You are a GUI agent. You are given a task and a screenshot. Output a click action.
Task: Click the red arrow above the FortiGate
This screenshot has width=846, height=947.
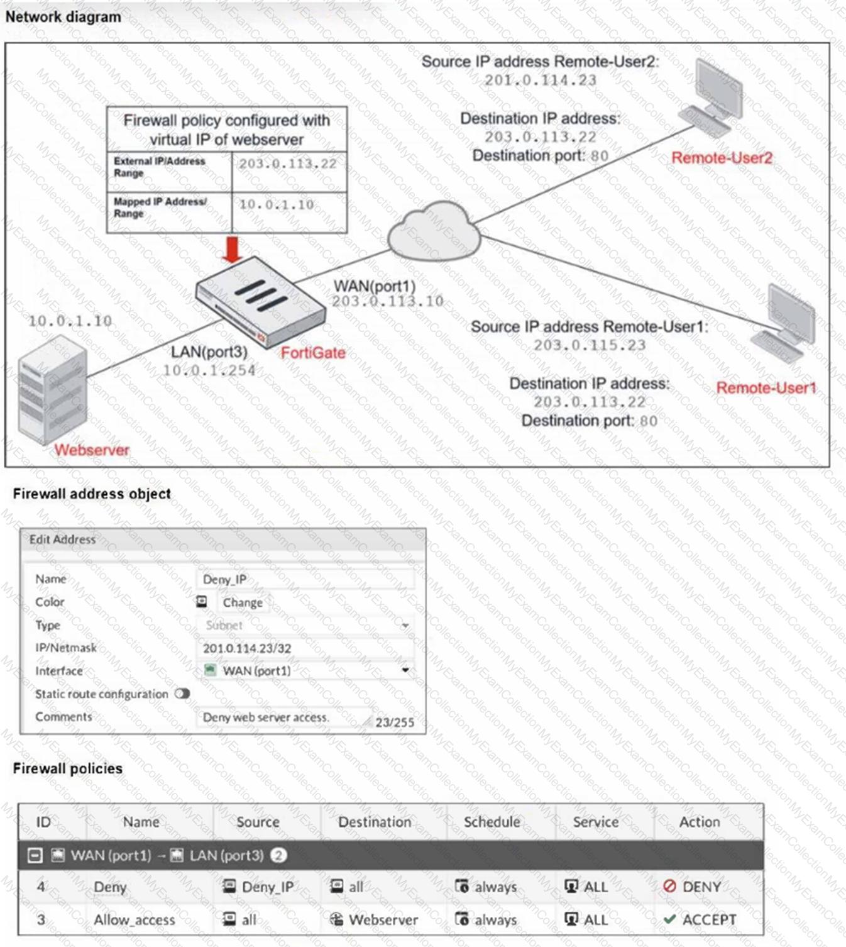point(233,250)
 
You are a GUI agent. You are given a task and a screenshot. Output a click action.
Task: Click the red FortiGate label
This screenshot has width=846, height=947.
point(313,353)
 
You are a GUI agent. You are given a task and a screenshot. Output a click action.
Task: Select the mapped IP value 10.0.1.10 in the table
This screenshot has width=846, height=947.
point(276,204)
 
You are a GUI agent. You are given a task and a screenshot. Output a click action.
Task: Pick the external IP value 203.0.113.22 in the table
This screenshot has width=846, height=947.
point(287,164)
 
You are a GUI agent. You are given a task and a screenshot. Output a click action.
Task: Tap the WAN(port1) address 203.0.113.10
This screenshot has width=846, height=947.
point(388,302)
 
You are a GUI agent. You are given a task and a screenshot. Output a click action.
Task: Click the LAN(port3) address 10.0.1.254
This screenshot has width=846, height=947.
point(209,371)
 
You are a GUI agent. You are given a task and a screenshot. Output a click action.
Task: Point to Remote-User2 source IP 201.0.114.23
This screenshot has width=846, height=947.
point(540,80)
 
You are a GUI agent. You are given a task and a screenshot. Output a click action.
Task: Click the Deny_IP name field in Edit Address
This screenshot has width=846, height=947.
point(305,579)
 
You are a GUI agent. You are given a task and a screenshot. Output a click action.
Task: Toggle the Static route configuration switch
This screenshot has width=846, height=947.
point(182,694)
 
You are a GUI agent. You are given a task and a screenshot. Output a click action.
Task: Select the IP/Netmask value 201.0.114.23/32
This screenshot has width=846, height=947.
point(247,648)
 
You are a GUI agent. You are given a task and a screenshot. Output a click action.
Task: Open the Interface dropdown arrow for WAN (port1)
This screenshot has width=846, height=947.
point(405,670)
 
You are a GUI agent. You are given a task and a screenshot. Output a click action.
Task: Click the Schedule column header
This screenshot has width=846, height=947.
point(492,822)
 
